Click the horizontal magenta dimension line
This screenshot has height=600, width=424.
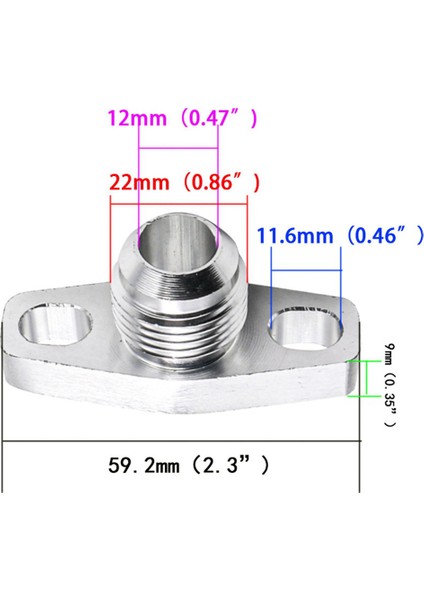pyautogui.click(x=178, y=149)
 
